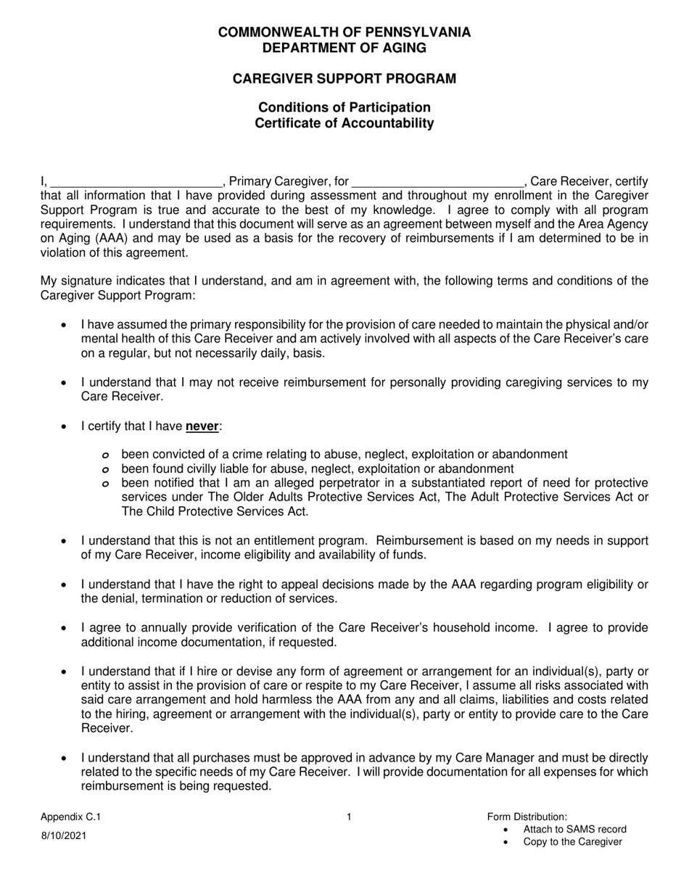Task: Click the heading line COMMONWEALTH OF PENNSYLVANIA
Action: click(x=344, y=33)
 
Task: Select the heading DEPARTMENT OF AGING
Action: click(x=344, y=49)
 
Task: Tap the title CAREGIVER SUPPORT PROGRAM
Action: click(x=344, y=79)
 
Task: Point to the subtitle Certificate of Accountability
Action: click(x=344, y=123)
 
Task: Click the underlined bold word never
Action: click(x=202, y=427)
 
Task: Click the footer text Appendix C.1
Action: click(x=71, y=817)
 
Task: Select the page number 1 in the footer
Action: click(x=349, y=817)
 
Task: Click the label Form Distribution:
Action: click(x=527, y=817)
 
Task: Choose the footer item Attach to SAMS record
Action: click(x=574, y=830)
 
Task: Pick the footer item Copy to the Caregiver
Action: click(x=572, y=842)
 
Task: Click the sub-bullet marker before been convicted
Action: click(x=107, y=455)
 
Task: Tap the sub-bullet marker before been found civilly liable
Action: click(x=107, y=470)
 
